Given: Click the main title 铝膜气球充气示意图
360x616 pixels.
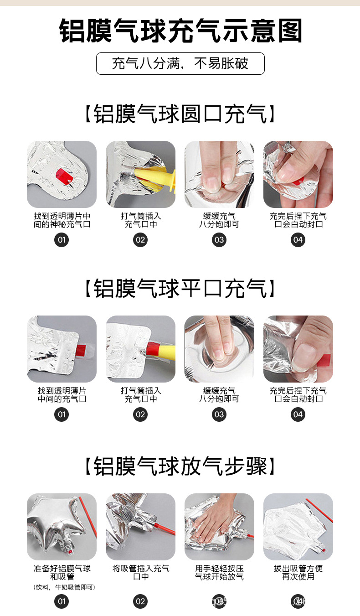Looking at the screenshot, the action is tap(180, 31).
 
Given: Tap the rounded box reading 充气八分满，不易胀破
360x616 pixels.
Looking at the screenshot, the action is tap(180, 63).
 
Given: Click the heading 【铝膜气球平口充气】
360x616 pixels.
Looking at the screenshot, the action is tap(180, 288).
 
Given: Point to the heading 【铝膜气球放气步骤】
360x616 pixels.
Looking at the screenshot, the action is tap(180, 466).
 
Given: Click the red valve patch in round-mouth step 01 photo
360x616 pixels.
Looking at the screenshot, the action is tap(64, 176).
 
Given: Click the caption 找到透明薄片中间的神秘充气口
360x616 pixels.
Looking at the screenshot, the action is tap(62, 220).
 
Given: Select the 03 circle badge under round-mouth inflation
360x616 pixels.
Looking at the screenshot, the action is tap(219, 240).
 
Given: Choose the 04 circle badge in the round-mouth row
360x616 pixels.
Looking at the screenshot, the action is tap(298, 240).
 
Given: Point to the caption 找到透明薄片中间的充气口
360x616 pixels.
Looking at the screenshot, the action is tap(62, 394).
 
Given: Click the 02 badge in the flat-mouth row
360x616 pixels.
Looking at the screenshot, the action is tap(140, 414).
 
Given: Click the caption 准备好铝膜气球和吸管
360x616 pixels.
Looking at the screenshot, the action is tap(62, 573).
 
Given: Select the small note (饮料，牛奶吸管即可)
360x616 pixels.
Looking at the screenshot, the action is tap(64, 587).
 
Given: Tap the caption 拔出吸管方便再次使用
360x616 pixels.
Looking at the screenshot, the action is tap(298, 573).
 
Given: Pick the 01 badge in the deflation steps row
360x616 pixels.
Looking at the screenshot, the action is tap(62, 601).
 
